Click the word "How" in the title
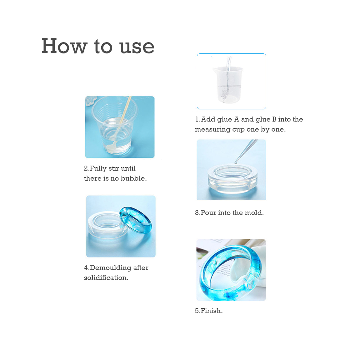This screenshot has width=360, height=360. click(x=64, y=46)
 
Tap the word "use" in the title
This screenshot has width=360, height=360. click(x=137, y=47)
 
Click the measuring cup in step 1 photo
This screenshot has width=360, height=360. click(x=228, y=84)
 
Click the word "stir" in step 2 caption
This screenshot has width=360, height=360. click(x=113, y=168)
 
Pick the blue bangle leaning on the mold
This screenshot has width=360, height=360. click(x=136, y=220)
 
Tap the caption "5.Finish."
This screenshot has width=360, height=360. click(x=209, y=311)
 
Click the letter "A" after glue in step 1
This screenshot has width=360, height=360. click(x=237, y=119)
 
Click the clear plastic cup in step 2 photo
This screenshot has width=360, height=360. click(x=115, y=126)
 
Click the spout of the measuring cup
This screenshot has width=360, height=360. click(x=214, y=69)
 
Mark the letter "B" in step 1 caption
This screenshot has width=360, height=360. click(x=274, y=119)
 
